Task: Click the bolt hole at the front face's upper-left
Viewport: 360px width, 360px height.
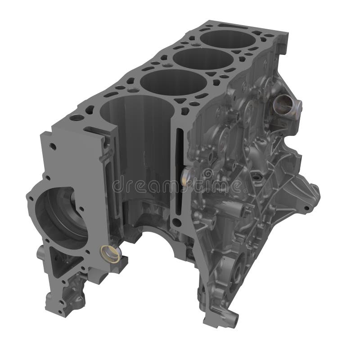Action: (54, 147)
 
